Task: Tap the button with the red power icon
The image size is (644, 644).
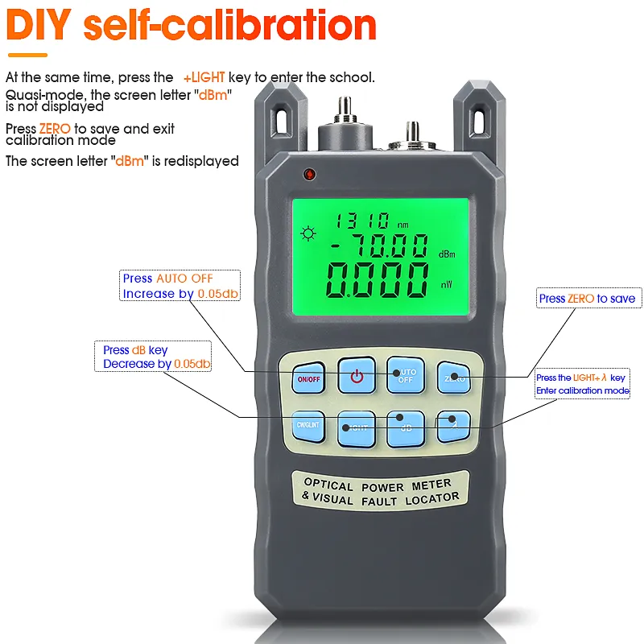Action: coord(357,376)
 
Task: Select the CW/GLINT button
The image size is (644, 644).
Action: coord(307,427)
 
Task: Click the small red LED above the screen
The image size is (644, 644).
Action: coord(308,174)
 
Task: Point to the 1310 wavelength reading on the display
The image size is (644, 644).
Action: coord(363,220)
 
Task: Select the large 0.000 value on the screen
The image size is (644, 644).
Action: coord(377,280)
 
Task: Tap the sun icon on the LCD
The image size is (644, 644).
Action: coord(307,234)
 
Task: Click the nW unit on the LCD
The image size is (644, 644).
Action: coord(446,284)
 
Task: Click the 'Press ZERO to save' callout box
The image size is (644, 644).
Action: coord(587,299)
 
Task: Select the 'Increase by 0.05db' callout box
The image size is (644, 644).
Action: coord(180,286)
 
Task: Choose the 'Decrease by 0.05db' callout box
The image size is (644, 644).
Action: coord(156,357)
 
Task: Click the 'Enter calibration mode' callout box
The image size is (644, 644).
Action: coord(582,384)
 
